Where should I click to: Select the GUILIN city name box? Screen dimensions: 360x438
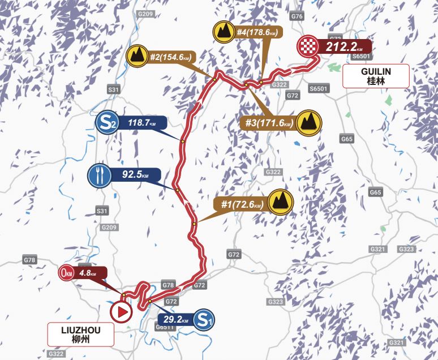point(375,76)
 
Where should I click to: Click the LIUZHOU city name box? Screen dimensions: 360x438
point(79,335)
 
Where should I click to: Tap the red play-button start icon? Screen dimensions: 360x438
point(121,311)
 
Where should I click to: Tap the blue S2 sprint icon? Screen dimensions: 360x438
point(107,122)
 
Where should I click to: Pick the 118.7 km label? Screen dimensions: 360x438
point(142,122)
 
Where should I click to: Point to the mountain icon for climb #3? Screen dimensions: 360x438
point(309,122)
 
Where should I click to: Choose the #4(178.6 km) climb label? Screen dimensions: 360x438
point(257,32)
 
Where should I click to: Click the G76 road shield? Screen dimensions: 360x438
point(297,16)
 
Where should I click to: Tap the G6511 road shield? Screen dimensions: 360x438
point(164,327)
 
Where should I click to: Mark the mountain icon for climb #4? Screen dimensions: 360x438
point(224,32)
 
